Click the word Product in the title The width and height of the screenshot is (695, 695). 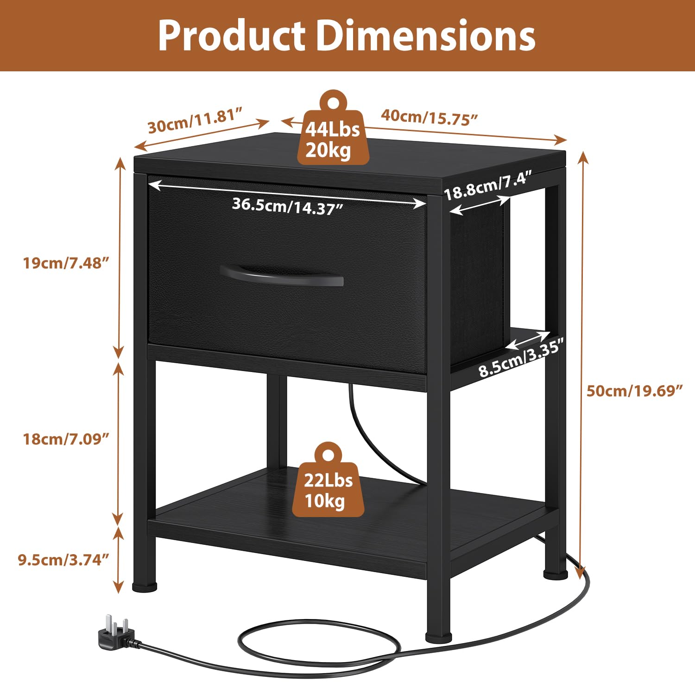[x=232, y=36]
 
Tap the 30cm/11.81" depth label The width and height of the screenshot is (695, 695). [x=195, y=120]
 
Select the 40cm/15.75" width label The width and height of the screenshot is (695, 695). [x=429, y=117]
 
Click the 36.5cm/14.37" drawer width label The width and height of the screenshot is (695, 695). [x=287, y=206]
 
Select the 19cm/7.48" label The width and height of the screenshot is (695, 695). [x=66, y=263]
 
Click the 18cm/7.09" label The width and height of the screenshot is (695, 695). [x=66, y=439]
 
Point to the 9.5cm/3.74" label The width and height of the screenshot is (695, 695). [x=63, y=560]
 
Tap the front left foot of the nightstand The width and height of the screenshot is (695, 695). [x=145, y=587]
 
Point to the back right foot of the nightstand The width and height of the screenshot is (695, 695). [x=555, y=574]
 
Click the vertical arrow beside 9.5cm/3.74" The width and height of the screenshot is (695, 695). [x=119, y=559]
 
